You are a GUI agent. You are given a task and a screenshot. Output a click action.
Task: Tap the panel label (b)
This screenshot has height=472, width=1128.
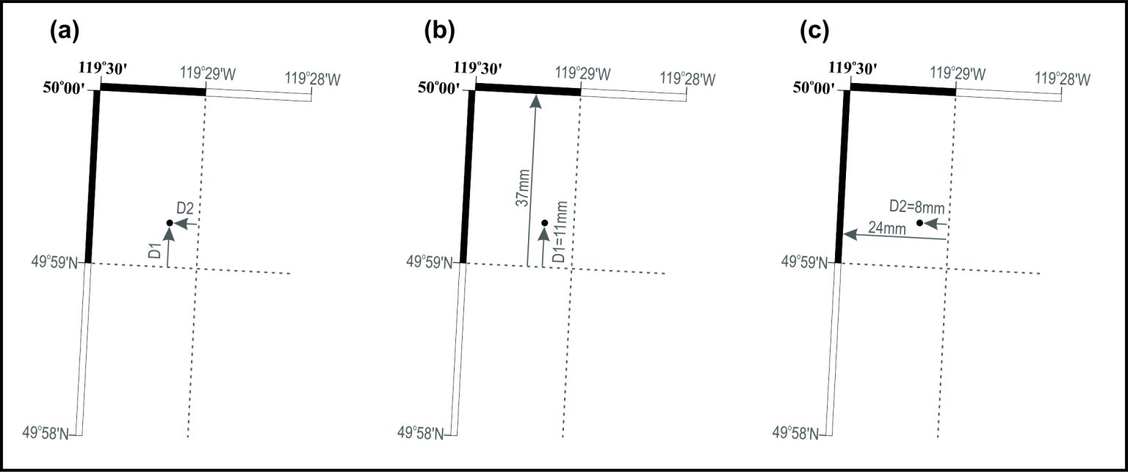pyautogui.click(x=440, y=31)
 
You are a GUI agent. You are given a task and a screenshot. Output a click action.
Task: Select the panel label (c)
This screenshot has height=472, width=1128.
pyautogui.click(x=814, y=31)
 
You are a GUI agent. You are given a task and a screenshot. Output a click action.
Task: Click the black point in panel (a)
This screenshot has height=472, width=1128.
pyautogui.click(x=170, y=222)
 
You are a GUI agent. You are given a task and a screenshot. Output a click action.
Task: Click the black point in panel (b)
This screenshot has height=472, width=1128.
pyautogui.click(x=544, y=222)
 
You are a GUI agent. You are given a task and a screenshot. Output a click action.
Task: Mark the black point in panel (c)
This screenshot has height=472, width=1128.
pyautogui.click(x=919, y=222)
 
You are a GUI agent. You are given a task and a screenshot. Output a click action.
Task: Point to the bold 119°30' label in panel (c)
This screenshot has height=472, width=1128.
pyautogui.click(x=853, y=68)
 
